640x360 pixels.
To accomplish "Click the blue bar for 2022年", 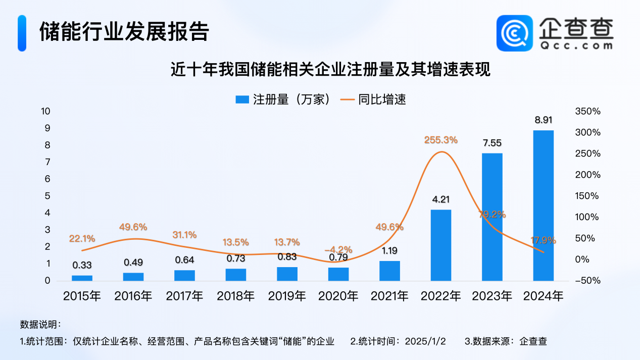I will (x=440, y=245).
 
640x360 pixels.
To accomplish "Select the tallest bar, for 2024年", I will (x=543, y=205).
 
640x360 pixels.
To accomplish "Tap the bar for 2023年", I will (x=492, y=217).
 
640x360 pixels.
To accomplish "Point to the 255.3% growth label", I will (x=441, y=140).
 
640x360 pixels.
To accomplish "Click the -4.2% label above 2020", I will (x=338, y=249).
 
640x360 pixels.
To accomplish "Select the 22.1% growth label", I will (x=82, y=238).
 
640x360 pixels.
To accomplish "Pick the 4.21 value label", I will (x=440, y=199).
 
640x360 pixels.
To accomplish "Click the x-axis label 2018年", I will (x=236, y=296).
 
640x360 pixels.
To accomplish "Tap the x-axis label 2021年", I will (x=389, y=296).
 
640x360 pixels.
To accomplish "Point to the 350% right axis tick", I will (x=587, y=112).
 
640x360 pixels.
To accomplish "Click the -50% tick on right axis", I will (x=587, y=281).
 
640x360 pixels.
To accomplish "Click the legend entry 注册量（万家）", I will (x=284, y=99).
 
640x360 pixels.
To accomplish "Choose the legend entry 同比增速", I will (x=374, y=99).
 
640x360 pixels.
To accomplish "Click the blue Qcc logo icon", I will (x=515, y=33).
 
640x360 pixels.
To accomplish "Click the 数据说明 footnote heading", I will (x=40, y=324).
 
